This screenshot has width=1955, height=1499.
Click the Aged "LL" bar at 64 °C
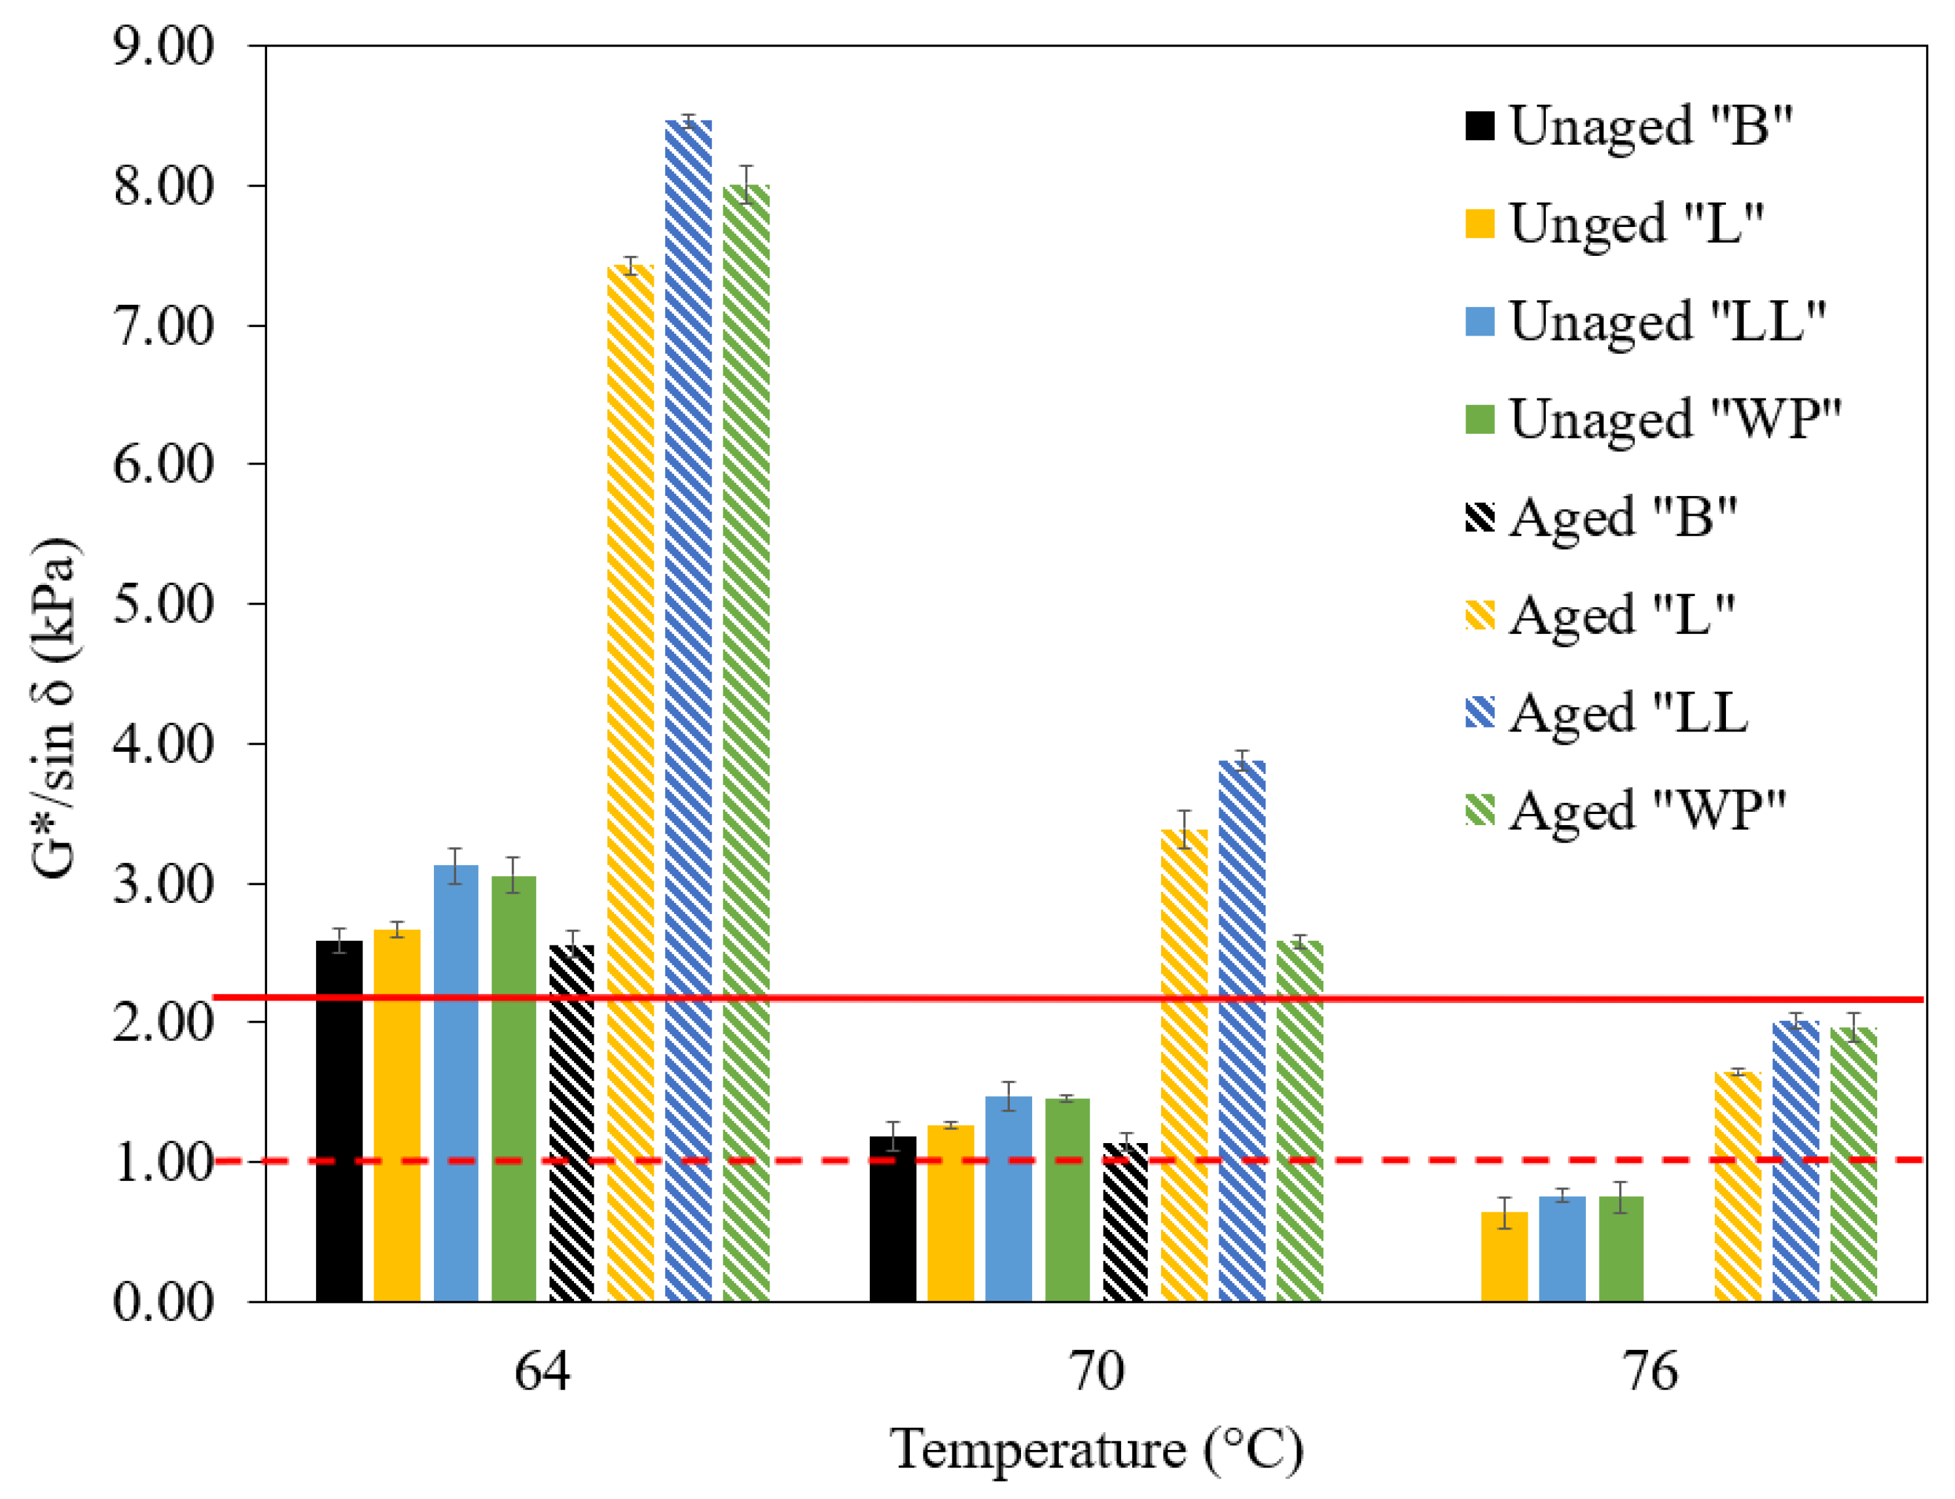point(688,714)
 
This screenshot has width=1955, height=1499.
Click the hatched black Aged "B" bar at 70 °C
point(1125,1222)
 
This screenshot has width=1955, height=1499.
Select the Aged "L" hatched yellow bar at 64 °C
point(630,785)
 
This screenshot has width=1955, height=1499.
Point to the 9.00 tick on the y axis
point(163,46)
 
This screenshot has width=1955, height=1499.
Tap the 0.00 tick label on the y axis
point(163,1302)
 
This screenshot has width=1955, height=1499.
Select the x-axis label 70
point(1097,1371)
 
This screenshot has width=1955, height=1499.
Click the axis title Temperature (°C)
point(1097,1450)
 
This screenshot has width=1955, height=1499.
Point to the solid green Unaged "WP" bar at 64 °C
point(513,1089)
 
